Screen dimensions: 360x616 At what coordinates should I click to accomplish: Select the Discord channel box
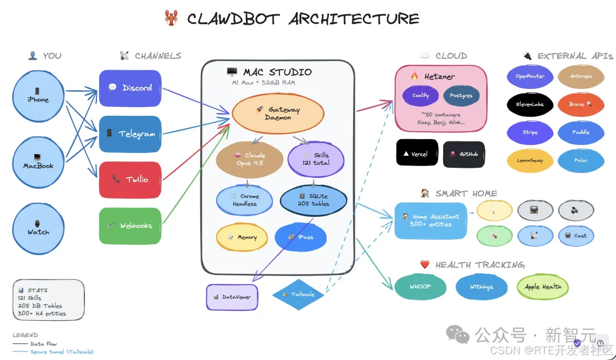point(130,88)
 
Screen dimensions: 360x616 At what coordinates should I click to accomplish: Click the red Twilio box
point(130,179)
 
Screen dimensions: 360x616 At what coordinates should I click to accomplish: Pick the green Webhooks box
point(130,225)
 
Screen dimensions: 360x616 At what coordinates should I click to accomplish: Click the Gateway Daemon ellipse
point(278,113)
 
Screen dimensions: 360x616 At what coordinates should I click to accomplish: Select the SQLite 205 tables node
point(313,200)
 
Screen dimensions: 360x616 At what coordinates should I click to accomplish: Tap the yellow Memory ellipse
point(242,237)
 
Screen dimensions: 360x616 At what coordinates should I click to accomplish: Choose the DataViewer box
point(232,297)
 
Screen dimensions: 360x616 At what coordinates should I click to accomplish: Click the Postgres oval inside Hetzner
point(461,95)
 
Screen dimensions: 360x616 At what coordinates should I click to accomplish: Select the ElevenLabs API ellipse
point(530,104)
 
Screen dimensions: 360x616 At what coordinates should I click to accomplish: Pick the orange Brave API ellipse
point(581,104)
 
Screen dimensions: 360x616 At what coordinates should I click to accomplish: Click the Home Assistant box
point(427,220)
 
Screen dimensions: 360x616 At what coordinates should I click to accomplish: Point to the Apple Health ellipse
point(542,287)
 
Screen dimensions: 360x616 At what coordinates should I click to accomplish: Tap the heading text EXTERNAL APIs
point(575,56)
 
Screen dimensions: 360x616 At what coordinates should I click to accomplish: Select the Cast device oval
point(576,236)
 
